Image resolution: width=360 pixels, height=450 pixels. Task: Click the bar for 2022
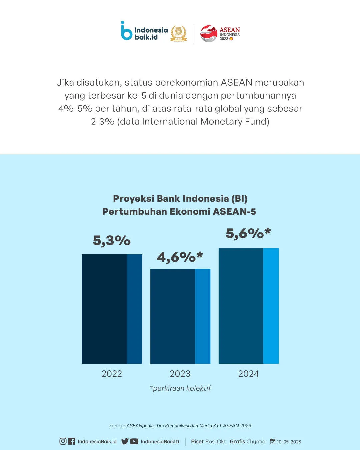112,309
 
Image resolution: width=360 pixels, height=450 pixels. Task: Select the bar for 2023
180,316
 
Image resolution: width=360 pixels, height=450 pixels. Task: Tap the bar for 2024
248,306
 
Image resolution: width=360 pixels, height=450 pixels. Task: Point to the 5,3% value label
112,240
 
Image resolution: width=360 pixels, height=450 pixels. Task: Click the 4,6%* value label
180,257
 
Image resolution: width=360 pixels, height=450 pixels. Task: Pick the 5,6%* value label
248,233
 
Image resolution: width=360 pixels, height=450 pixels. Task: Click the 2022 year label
112,374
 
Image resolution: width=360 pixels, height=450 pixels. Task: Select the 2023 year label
180,374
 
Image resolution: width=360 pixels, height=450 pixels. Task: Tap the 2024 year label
248,374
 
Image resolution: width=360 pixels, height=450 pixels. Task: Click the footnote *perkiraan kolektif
180,388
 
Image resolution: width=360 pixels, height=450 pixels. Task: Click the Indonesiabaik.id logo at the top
144,32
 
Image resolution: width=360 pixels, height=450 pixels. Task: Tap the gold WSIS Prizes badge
178,33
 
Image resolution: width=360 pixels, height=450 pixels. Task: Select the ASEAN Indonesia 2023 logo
220,34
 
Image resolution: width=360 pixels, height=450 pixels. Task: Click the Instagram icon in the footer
63,441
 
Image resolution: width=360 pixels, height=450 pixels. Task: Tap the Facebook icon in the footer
71,441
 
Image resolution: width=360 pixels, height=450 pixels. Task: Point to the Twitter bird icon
125,441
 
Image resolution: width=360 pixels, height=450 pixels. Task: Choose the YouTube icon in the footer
134,441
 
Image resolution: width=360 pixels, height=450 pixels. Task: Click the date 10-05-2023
289,442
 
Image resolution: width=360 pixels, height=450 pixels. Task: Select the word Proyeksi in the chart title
133,198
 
